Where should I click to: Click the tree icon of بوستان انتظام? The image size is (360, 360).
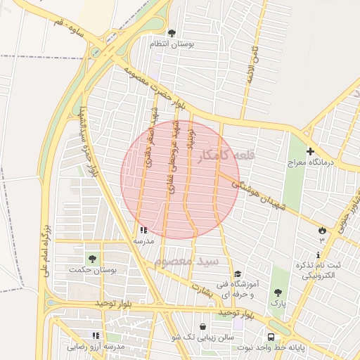(x=172, y=32)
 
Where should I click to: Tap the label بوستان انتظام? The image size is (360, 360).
(x=172, y=44)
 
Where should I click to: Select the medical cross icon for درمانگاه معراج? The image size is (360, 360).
(x=310, y=151)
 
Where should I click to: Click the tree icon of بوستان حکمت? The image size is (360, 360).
(x=92, y=258)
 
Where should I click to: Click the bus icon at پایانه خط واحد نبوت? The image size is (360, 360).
(x=271, y=335)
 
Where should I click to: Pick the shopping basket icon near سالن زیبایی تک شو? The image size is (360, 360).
(x=203, y=326)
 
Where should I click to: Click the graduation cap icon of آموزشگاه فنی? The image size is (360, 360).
(x=238, y=274)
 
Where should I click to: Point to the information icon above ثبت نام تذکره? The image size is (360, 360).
(x=319, y=255)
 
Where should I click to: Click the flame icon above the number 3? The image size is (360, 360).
(x=322, y=230)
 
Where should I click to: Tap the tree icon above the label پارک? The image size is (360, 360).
(x=278, y=292)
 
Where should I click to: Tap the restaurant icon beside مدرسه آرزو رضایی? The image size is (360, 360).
(x=96, y=335)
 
